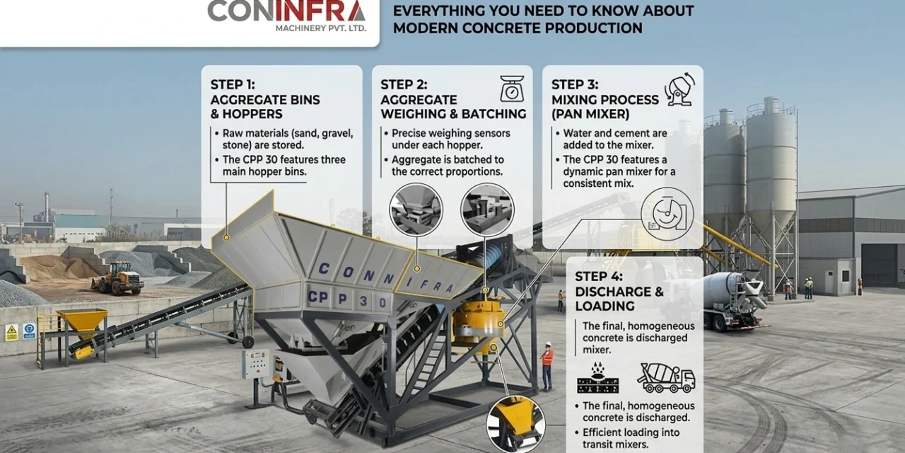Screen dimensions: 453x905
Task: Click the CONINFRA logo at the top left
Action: pos(286,11)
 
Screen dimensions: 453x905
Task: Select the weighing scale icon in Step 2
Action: pos(512,88)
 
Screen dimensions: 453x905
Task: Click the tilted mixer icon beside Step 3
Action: pos(679,90)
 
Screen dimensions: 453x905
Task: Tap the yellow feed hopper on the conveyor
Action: pos(82,322)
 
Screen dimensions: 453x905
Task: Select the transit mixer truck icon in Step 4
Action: pos(666,377)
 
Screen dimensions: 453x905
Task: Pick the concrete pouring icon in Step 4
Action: pos(597,377)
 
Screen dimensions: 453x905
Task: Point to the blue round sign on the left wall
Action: pos(29,331)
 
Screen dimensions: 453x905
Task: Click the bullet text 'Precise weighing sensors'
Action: pos(450,133)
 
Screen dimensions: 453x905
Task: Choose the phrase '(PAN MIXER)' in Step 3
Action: pos(590,113)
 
